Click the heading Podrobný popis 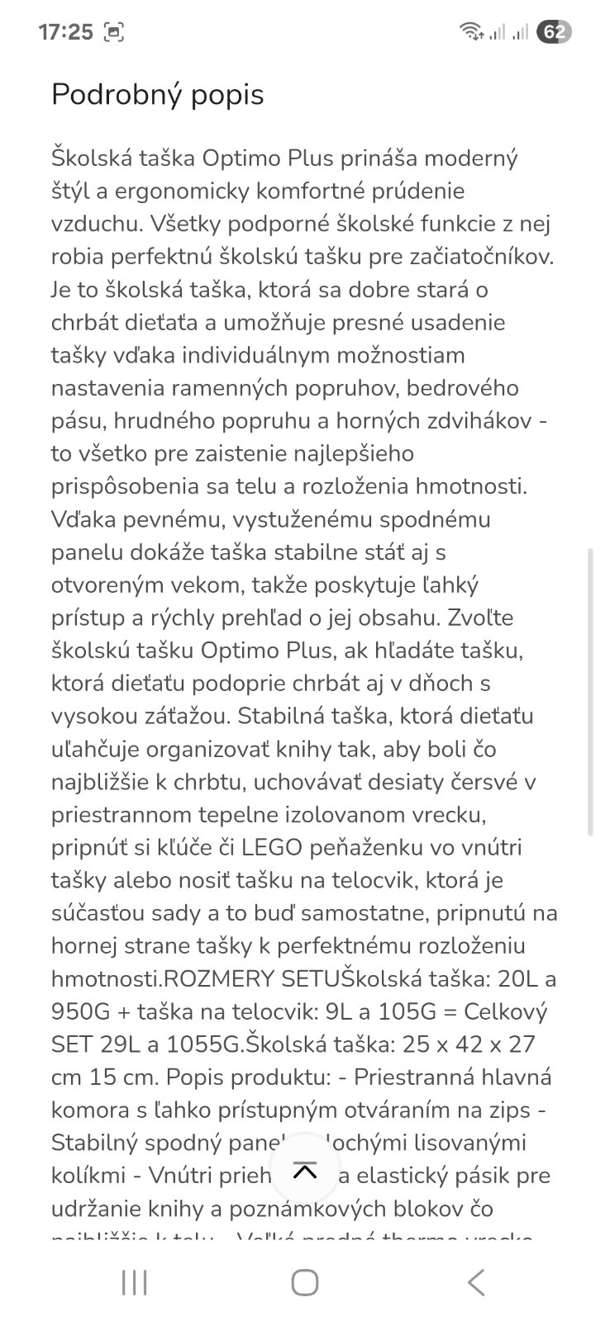click(157, 95)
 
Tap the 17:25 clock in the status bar click(65, 32)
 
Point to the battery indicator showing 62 click(554, 32)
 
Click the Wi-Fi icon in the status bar click(471, 32)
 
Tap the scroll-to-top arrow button click(305, 1171)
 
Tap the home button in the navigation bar click(305, 1282)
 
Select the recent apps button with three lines click(134, 1282)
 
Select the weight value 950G click(86, 1012)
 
